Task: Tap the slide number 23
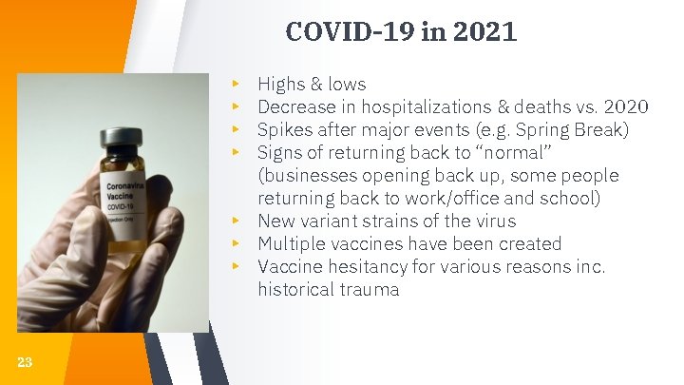pyautogui.click(x=25, y=361)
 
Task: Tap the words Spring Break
pyautogui.click(x=568, y=130)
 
